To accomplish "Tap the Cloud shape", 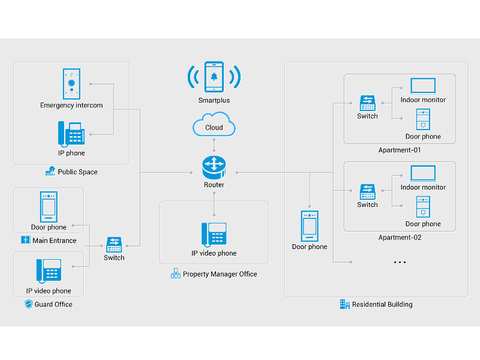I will click(x=214, y=127).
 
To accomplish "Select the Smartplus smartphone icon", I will click(x=214, y=77).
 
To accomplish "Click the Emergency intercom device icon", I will click(x=71, y=83).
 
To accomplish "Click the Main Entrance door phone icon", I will click(x=49, y=207).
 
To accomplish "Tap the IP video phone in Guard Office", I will click(x=49, y=272).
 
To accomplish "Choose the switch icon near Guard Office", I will click(x=114, y=244).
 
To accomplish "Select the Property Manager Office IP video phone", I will click(x=214, y=235).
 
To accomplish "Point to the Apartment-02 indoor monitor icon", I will click(x=423, y=173).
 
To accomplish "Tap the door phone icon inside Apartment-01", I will click(x=423, y=120).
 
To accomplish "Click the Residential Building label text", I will click(x=382, y=304).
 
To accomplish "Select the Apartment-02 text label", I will click(x=400, y=238).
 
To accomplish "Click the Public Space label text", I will click(x=77, y=172).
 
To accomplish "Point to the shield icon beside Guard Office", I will click(x=28, y=304).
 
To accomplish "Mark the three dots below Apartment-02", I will click(x=400, y=262).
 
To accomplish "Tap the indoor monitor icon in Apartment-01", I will click(x=423, y=85).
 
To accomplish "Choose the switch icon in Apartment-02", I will click(x=367, y=192).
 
